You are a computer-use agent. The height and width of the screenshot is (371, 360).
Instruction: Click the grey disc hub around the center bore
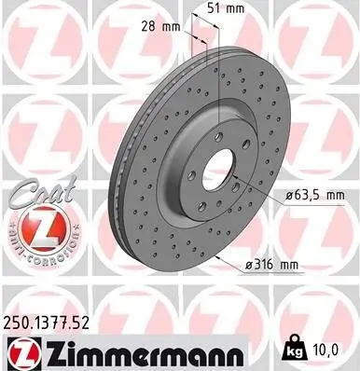[x=191, y=149]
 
